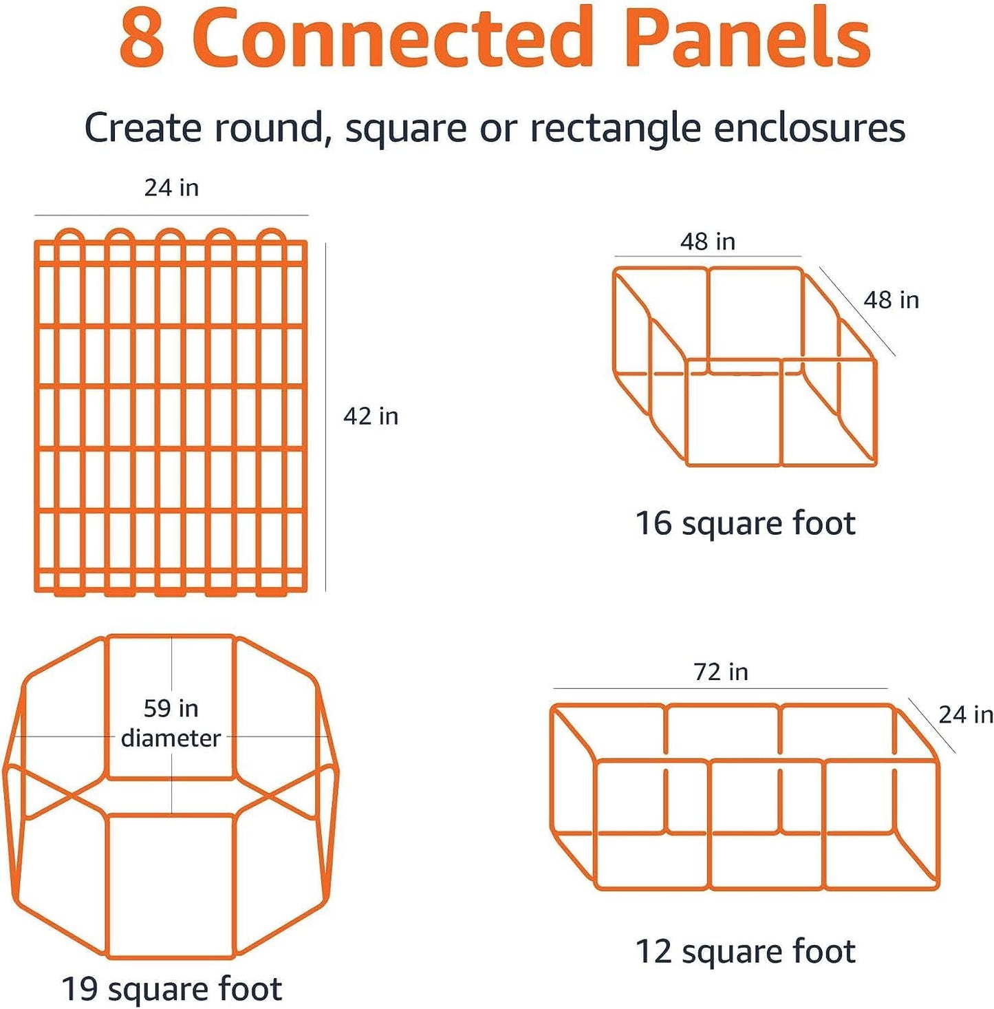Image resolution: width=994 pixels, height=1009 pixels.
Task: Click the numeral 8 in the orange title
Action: pos(142,39)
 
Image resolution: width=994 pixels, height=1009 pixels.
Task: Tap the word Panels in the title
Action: pos(747,39)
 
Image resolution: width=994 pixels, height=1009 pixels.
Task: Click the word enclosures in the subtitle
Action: pos(809,129)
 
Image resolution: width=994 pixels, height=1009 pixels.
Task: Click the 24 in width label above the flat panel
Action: pos(171,188)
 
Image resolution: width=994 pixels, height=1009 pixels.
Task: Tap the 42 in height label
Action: pos(371,416)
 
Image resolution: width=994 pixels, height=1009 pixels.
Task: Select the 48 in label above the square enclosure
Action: pos(708,242)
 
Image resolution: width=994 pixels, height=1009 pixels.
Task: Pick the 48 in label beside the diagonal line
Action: pos(891,300)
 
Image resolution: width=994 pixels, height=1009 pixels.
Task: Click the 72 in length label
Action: pos(720,672)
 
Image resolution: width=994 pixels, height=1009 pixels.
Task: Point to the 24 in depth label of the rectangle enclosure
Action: pos(965,715)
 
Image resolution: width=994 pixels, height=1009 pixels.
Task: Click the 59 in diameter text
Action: pos(171,723)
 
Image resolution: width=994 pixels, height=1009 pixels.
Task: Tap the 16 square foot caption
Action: pos(745,523)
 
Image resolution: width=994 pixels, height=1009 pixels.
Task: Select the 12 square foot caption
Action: pos(745,952)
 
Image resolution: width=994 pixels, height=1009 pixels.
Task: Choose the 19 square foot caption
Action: pos(171,989)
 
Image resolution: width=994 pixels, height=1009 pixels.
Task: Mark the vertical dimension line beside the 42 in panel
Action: pos(325,416)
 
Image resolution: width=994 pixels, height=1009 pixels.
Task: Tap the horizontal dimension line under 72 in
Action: pos(720,688)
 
